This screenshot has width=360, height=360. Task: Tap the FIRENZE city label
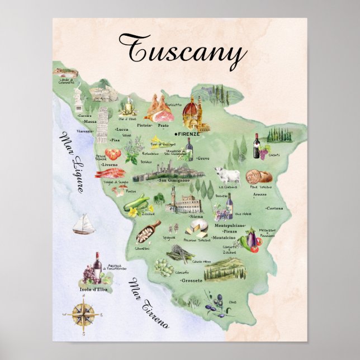(x=188, y=134)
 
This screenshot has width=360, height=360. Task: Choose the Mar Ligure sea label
(x=72, y=162)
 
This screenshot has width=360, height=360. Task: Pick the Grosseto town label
(x=191, y=281)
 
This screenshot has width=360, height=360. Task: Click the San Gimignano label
(x=174, y=181)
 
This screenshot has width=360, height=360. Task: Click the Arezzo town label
(x=259, y=195)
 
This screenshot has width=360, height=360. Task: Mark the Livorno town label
(x=110, y=165)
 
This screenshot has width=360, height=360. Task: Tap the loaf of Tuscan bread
(x=258, y=176)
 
